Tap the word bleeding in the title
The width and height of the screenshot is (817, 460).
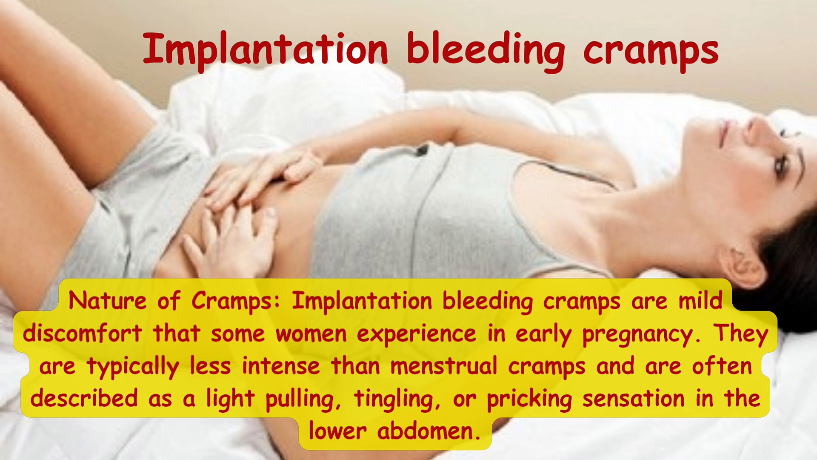486,50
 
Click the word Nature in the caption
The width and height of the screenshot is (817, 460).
107,301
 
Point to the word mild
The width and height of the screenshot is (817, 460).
700,300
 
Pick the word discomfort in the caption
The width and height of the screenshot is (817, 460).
82,333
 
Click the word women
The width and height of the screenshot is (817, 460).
311,333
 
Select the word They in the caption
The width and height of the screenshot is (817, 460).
741,333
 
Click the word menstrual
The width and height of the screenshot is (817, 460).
444,366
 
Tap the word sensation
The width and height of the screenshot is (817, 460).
634,399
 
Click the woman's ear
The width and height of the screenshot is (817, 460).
742,266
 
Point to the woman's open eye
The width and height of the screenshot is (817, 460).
780,166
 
